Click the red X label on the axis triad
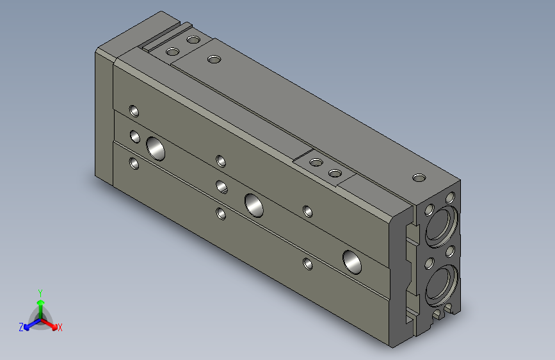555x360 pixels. pyautogui.click(x=60, y=328)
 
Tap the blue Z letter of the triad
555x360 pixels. pyautogui.click(x=21, y=327)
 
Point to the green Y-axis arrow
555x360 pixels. pyautogui.click(x=40, y=304)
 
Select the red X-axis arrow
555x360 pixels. pyautogui.click(x=51, y=323)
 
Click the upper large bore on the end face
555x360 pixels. pyautogui.click(x=441, y=226)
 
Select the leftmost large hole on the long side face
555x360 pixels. pyautogui.click(x=155, y=148)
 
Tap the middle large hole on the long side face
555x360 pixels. pyautogui.click(x=254, y=204)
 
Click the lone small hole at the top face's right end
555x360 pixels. pyautogui.click(x=419, y=177)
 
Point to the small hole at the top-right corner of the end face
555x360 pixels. pyautogui.click(x=451, y=197)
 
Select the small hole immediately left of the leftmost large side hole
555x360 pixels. pyautogui.click(x=135, y=136)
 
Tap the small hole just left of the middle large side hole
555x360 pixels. pyautogui.click(x=221, y=187)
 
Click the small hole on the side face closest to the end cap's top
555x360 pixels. pyautogui.click(x=134, y=110)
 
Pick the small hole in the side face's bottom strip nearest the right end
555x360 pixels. pyautogui.click(x=308, y=262)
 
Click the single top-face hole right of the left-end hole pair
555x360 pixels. pyautogui.click(x=214, y=60)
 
